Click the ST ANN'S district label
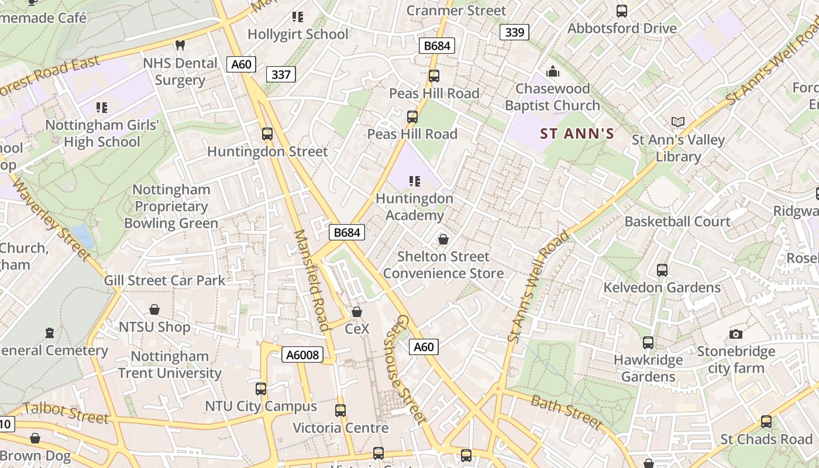[x=577, y=133]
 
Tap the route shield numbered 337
[x=281, y=74]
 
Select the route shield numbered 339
[x=514, y=32]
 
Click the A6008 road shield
[x=303, y=355]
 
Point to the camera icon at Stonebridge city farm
[x=736, y=334]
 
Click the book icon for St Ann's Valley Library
[x=678, y=122]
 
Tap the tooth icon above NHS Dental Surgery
[x=180, y=45]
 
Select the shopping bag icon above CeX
[x=357, y=312]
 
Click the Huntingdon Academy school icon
[x=415, y=181]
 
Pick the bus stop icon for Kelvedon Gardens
[x=662, y=270]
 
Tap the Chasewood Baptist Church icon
[x=553, y=72]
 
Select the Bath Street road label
[x=566, y=411]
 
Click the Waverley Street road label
[x=51, y=220]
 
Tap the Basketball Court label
[x=677, y=222]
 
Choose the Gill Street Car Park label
[x=164, y=280]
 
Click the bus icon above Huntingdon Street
[x=267, y=133]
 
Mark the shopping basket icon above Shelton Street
[x=443, y=239]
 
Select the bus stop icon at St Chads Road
[x=766, y=421]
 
